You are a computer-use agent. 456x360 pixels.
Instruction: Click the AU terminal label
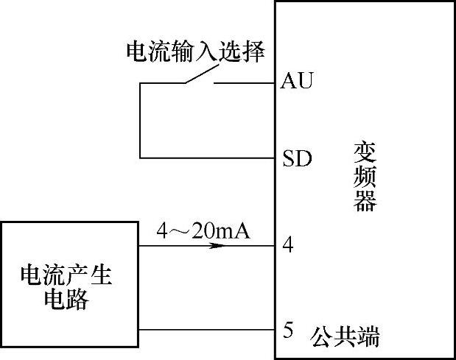297,81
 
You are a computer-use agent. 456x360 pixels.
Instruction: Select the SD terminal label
297,158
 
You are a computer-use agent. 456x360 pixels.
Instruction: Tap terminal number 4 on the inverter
288,245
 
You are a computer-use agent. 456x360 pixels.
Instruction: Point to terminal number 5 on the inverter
288,331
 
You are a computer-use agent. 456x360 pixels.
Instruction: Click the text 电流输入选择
195,52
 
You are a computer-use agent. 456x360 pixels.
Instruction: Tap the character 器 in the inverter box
365,200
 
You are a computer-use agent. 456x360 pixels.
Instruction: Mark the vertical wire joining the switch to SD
140,121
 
